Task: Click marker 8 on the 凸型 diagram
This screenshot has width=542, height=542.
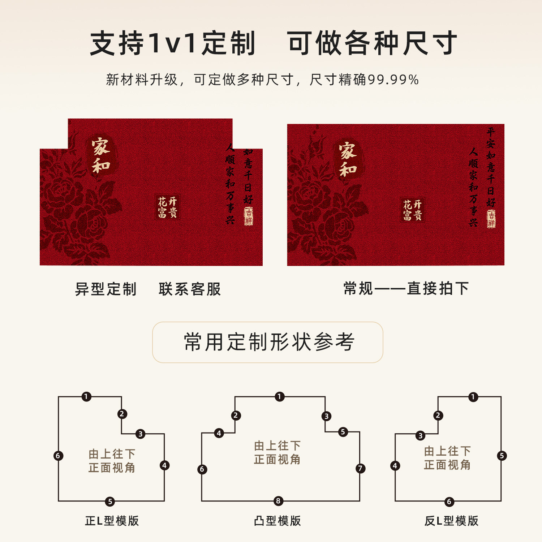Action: [278, 501]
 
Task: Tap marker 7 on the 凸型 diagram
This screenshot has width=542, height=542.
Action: [360, 469]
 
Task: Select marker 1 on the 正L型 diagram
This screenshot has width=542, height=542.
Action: [86, 397]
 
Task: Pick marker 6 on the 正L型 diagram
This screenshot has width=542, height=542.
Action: [58, 456]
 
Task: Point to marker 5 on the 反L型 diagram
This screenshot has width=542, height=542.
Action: [502, 456]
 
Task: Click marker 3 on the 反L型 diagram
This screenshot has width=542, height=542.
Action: [420, 436]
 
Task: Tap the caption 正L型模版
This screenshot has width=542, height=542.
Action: [112, 521]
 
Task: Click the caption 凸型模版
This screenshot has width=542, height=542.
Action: [278, 521]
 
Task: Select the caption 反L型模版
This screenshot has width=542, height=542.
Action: [451, 521]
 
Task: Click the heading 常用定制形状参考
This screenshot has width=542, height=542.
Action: [269, 342]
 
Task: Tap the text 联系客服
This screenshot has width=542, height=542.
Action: [190, 289]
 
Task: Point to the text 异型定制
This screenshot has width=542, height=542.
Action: [106, 289]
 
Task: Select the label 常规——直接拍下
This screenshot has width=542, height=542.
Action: [406, 288]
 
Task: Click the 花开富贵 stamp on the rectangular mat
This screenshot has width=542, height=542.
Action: [412, 210]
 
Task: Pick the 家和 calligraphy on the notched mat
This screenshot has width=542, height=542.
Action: [100, 156]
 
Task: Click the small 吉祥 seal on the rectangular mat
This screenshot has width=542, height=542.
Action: [491, 219]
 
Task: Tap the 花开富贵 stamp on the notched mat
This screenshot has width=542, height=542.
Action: [167, 207]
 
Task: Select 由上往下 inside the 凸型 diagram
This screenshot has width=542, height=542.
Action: [277, 446]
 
